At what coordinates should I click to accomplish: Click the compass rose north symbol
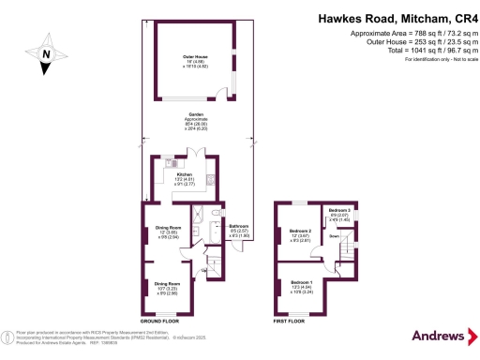(43, 54)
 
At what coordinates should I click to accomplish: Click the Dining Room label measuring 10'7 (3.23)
(166, 283)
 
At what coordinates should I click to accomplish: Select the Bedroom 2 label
(300, 231)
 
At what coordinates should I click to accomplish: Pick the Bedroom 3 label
(338, 210)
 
